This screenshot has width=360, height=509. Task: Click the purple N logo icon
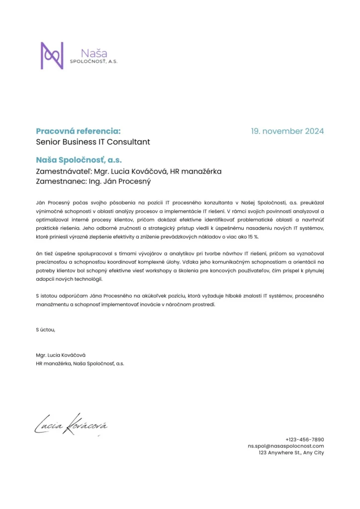point(52,55)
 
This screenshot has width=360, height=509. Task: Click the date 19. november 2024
point(287,131)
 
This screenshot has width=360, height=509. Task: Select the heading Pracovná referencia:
point(78,131)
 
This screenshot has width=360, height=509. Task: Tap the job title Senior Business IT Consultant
point(93,142)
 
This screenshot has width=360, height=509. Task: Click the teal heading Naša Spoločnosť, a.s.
point(79,161)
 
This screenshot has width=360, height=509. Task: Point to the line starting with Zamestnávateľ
point(129,171)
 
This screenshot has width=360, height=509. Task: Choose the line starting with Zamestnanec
point(93,181)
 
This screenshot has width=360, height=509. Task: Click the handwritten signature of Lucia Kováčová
point(70,424)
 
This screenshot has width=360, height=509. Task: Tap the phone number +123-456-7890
point(304,439)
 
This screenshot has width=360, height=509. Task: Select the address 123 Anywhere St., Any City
point(291,453)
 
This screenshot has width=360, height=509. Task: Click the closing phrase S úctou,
point(46,330)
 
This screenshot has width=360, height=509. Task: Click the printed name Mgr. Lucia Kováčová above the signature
point(61,355)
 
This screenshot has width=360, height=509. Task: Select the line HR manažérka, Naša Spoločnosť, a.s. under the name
point(80,363)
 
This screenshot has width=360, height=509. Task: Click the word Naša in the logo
point(97,53)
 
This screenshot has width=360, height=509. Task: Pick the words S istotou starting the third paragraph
point(48,296)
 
